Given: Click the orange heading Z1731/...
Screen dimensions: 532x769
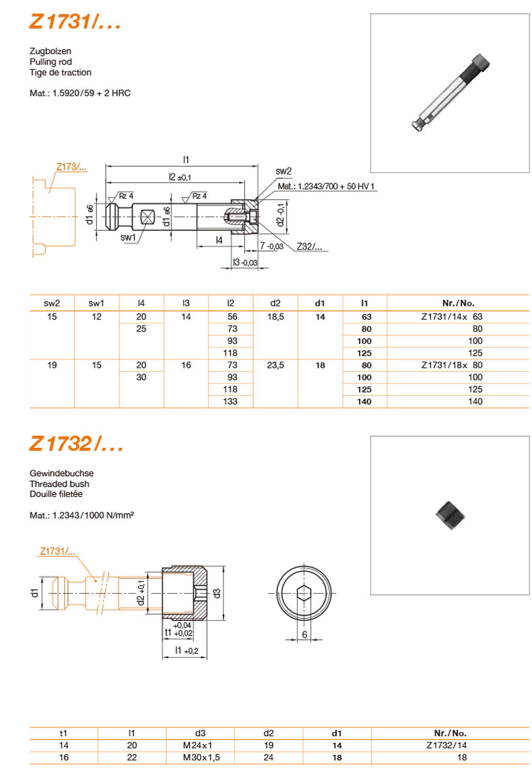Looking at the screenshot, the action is (75, 22).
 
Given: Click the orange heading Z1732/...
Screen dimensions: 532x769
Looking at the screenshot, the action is (76, 444).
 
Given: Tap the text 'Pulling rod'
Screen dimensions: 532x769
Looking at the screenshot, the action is (51, 62).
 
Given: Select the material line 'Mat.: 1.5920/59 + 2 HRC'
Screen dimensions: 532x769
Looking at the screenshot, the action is (80, 93).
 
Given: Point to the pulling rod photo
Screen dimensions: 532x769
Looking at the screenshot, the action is (451, 92).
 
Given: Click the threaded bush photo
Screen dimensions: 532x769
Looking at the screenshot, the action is (450, 515).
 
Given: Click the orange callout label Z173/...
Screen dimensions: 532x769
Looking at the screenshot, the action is (71, 167).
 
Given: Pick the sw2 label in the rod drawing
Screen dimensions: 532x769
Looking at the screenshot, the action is (284, 171).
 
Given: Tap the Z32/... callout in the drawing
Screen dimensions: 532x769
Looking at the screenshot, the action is (309, 246).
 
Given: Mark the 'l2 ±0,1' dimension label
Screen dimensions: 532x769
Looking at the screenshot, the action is (180, 177).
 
